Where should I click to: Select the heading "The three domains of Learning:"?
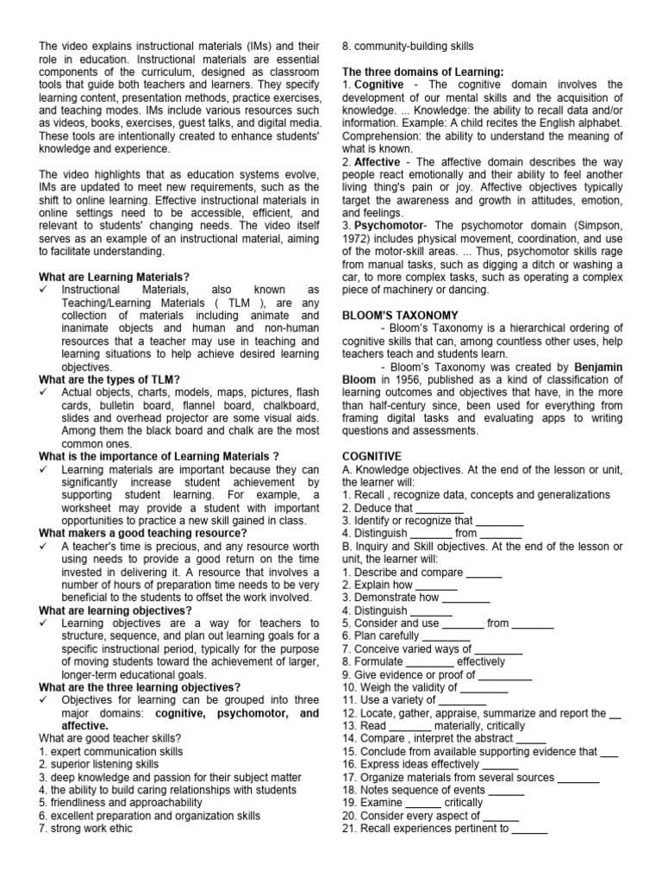pyautogui.click(x=423, y=72)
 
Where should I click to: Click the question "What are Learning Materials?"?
pyautogui.click(x=115, y=277)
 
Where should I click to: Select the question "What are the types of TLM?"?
pyautogui.click(x=109, y=380)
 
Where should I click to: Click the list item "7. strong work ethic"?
pyautogui.click(x=86, y=829)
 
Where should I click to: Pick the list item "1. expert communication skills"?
pyautogui.click(x=110, y=751)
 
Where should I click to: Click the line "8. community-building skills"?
pyautogui.click(x=408, y=46)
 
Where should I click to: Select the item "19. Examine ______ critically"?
pyautogui.click(x=412, y=802)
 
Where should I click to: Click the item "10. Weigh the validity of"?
pyautogui.click(x=412, y=687)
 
